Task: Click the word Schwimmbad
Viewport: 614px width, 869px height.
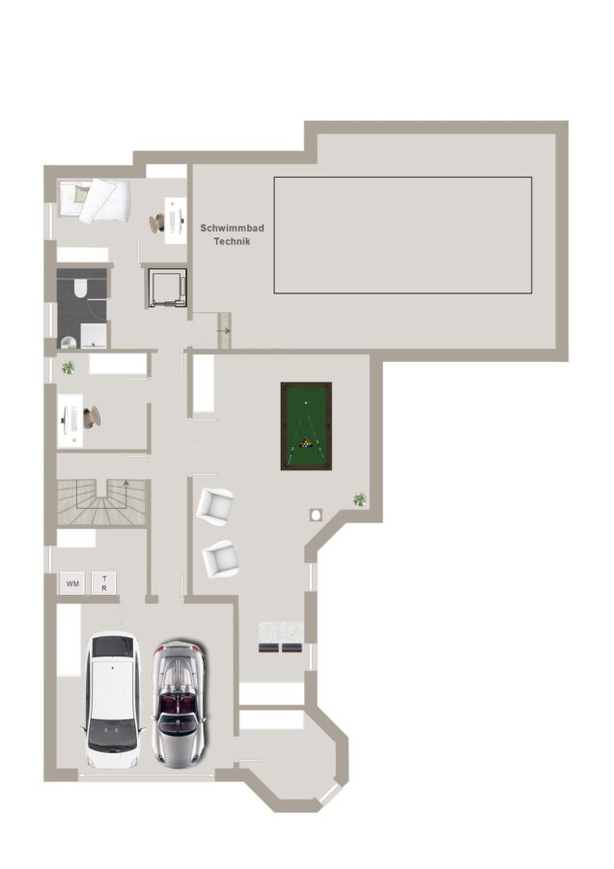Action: pos(233,228)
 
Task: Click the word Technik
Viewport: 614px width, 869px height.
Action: pos(233,241)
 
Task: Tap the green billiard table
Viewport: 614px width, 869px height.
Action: pos(306,426)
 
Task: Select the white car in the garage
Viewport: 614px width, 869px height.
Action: pos(113,700)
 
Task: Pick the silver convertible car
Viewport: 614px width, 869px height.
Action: pos(179,705)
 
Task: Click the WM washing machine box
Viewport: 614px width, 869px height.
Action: pos(72,583)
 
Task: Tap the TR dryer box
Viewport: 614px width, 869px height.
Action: pos(104,583)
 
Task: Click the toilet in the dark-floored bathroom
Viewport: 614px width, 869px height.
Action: pos(79,288)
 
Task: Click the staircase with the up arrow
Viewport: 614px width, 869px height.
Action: pos(102,502)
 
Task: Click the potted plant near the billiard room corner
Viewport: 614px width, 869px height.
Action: pos(360,499)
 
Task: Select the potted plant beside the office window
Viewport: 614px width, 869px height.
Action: pos(69,367)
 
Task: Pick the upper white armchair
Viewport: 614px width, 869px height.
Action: pos(215,506)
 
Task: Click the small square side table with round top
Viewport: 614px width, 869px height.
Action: pos(316,515)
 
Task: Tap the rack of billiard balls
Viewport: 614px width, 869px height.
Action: pos(305,443)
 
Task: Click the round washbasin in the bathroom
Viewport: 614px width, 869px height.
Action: pos(69,342)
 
